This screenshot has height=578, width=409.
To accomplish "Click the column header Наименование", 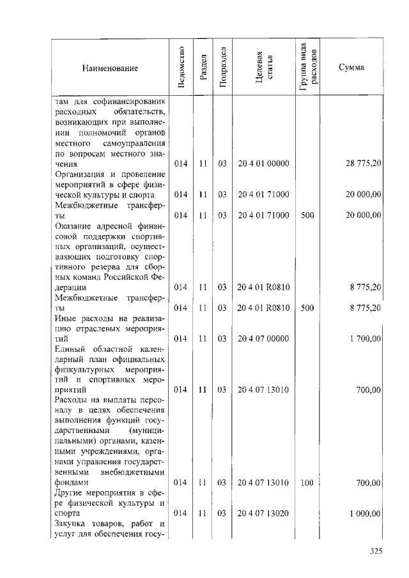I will (x=110, y=68).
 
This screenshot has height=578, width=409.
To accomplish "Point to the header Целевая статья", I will (x=264, y=68).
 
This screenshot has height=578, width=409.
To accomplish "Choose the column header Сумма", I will (x=351, y=68).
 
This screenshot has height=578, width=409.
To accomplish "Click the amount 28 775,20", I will (x=364, y=164).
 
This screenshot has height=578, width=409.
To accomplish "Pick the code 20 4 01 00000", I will (x=264, y=164).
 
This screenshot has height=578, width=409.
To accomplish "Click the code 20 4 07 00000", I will (x=264, y=338).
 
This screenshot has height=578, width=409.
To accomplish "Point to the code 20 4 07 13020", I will (x=264, y=513).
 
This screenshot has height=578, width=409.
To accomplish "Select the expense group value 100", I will (x=307, y=483).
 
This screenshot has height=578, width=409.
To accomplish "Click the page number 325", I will (x=375, y=552).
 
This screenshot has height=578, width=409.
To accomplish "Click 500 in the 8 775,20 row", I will (x=307, y=307).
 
